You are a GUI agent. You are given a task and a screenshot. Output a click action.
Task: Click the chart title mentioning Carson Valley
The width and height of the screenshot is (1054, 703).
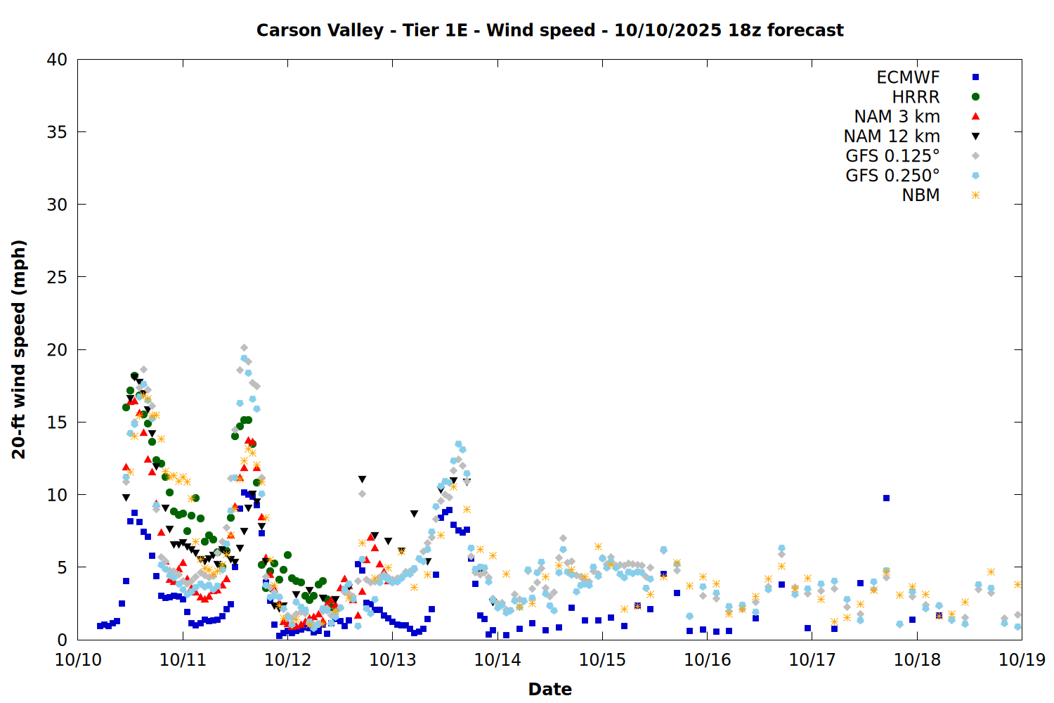tap(549, 30)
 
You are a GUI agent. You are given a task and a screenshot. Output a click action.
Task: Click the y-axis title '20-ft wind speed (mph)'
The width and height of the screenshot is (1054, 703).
tap(19, 349)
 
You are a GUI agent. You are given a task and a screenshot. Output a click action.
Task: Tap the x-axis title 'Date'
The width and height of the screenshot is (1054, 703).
tap(549, 689)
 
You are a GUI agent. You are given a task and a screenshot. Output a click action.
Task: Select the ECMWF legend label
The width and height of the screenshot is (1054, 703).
tap(908, 77)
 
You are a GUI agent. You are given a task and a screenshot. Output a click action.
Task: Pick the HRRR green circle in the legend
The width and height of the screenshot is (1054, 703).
tap(975, 97)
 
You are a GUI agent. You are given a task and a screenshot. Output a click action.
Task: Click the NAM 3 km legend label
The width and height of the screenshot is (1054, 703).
tap(897, 117)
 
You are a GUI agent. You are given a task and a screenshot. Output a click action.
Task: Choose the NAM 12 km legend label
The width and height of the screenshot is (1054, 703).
tap(892, 136)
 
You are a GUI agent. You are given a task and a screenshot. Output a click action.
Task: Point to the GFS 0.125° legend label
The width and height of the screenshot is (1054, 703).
tap(892, 156)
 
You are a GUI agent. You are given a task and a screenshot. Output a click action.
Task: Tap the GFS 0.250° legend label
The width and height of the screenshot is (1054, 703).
tap(892, 176)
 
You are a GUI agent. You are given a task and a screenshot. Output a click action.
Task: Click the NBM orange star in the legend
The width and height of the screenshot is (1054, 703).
tap(975, 195)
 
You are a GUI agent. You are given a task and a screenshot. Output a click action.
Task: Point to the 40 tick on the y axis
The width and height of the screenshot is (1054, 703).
tap(57, 60)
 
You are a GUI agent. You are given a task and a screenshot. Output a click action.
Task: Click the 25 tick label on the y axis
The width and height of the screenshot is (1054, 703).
tap(57, 277)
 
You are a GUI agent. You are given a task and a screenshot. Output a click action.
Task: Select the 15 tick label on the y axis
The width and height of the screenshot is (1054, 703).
tap(57, 422)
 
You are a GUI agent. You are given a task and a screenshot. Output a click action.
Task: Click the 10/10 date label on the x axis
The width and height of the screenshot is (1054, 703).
tap(78, 659)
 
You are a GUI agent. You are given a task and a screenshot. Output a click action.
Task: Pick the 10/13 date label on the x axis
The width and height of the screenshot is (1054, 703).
tap(393, 659)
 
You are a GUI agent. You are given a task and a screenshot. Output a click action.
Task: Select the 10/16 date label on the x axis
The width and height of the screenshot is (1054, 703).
tap(708, 659)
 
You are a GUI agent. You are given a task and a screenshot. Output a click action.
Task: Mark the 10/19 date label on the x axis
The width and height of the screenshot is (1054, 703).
tap(1022, 659)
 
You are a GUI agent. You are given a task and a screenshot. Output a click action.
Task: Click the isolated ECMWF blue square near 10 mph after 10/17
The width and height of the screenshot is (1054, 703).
tap(886, 498)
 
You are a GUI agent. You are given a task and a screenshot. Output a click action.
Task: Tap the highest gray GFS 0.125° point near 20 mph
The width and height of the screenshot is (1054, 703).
tap(244, 347)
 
